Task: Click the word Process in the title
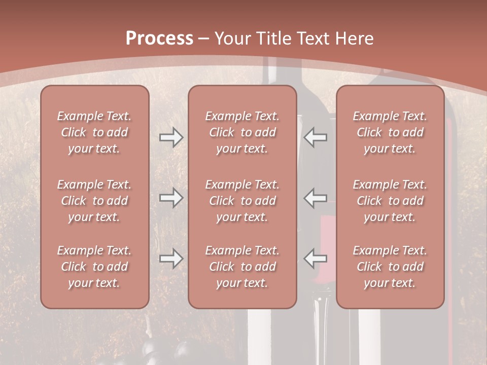click(159, 39)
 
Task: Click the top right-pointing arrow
click(171, 137)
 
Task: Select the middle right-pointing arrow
click(171, 198)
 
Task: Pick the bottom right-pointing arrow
click(171, 259)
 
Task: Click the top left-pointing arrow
click(316, 137)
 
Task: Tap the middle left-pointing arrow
click(316, 198)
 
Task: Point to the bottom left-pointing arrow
click(316, 259)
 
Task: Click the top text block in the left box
click(94, 132)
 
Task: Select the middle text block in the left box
click(94, 201)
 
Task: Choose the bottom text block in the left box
click(94, 267)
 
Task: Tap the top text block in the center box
click(242, 132)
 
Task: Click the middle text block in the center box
click(242, 201)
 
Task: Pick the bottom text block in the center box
click(242, 267)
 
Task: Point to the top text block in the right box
click(390, 132)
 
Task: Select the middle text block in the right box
click(390, 201)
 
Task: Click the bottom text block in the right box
click(390, 267)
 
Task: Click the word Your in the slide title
click(231, 39)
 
